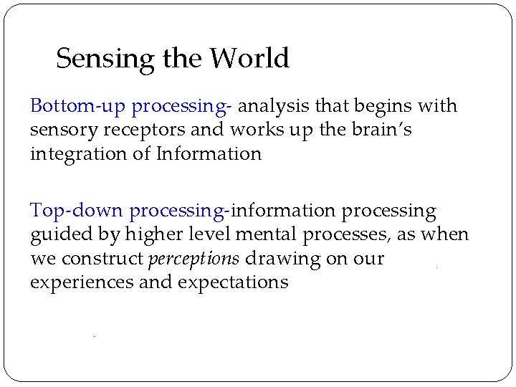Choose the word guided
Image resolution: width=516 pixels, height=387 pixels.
coord(65,234)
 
